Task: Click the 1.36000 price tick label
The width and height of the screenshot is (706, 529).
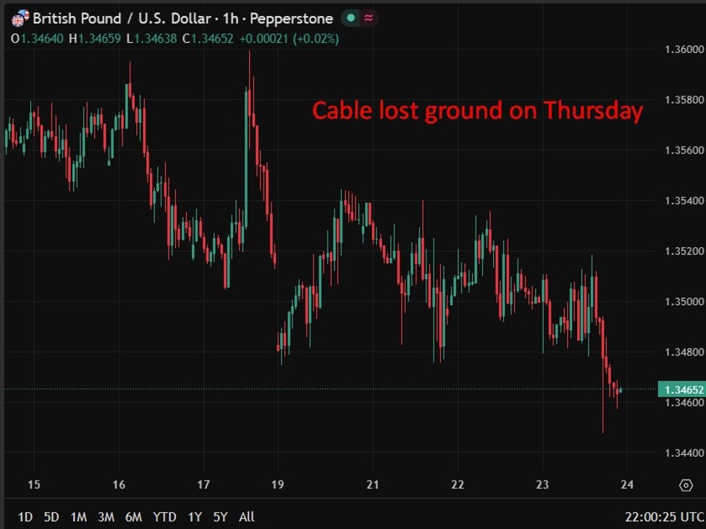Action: [684, 49]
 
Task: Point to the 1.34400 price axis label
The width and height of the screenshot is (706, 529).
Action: [684, 453]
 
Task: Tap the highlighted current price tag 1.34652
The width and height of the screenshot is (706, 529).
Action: [681, 390]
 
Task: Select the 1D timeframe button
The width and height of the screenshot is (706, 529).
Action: [25, 517]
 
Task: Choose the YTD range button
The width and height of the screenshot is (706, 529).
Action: [164, 517]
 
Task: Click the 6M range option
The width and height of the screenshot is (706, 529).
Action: [133, 517]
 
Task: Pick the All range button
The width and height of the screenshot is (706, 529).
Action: [246, 517]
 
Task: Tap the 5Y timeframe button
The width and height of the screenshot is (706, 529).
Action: [220, 517]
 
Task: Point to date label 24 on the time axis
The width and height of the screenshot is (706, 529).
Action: [627, 485]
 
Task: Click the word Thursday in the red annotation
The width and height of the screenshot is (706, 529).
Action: [593, 111]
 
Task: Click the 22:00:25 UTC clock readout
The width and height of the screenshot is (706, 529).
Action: [664, 517]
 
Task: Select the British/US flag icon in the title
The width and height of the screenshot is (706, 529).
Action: [20, 18]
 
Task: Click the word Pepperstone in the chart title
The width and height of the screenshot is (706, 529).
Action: [291, 18]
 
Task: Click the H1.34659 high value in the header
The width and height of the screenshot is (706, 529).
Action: [95, 38]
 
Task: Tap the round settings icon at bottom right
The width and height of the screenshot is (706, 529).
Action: [685, 485]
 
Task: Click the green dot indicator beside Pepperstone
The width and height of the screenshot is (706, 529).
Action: [351, 18]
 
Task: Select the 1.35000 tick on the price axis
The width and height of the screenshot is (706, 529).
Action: [684, 301]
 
